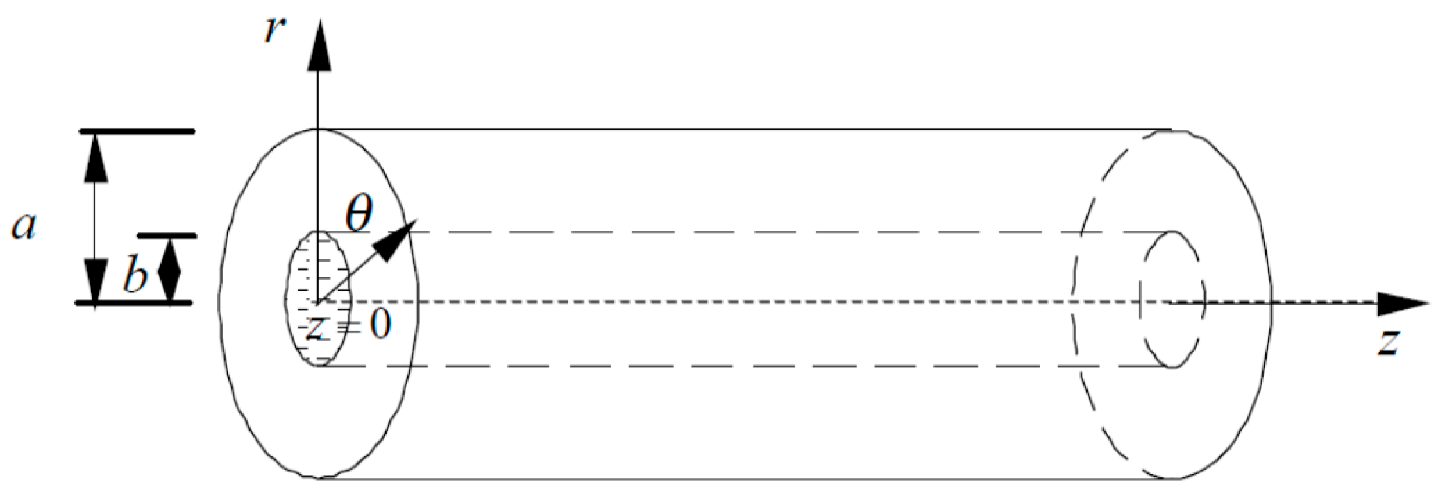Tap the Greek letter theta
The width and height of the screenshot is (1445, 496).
(x=359, y=213)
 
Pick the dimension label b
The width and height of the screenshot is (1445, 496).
(x=135, y=275)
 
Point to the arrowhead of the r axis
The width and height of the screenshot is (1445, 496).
(x=319, y=46)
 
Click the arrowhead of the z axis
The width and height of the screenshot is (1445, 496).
(x=1402, y=303)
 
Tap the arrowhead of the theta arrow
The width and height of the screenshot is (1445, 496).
(x=398, y=239)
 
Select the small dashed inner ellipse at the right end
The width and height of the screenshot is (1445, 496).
(x=1172, y=299)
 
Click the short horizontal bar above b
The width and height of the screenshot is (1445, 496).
(x=167, y=236)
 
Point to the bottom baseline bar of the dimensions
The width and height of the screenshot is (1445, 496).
(x=133, y=303)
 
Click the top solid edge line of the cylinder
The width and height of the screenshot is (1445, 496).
(x=743, y=129)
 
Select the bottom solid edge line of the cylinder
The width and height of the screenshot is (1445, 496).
(x=743, y=478)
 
